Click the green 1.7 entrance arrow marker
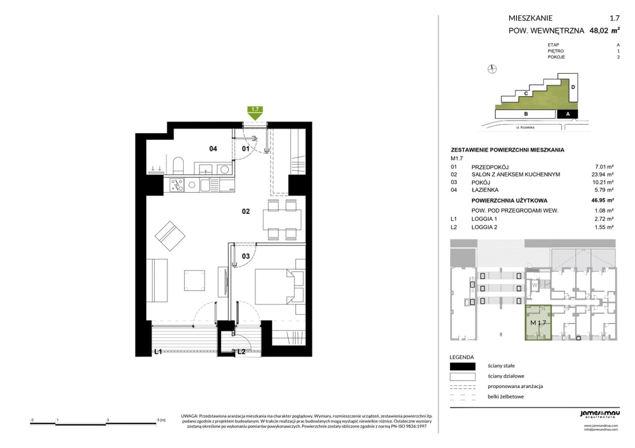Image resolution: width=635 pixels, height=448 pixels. coord(255,113)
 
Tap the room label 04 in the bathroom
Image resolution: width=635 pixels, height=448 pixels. coord(213,149)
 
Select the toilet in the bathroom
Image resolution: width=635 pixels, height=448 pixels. coord(178,166)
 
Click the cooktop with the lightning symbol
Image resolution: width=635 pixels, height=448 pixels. coord(177,185)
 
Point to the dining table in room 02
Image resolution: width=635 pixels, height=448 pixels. coord(282,220)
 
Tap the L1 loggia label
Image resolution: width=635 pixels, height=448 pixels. coord(158,351)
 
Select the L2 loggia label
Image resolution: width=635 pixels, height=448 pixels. coord(241,351)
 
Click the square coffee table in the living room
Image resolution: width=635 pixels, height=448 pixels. coord(194,280)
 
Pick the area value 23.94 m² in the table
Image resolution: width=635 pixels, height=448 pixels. coord(602,174)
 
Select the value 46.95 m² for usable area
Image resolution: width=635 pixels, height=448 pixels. coord(602,200)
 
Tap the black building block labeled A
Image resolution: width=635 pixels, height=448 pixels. coord(568,114)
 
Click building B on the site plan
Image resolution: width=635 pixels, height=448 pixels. coord(525,114)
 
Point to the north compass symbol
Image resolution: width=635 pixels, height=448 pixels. coord(492,69)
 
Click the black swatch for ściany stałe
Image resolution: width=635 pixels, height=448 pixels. coord(462,366)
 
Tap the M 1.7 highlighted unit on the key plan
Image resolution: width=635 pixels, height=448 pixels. coord(538,323)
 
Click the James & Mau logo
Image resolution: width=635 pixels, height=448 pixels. coord(600,414)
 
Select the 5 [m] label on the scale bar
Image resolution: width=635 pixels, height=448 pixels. coord(161,420)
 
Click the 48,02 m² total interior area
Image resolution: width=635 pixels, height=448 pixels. coord(604,30)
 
